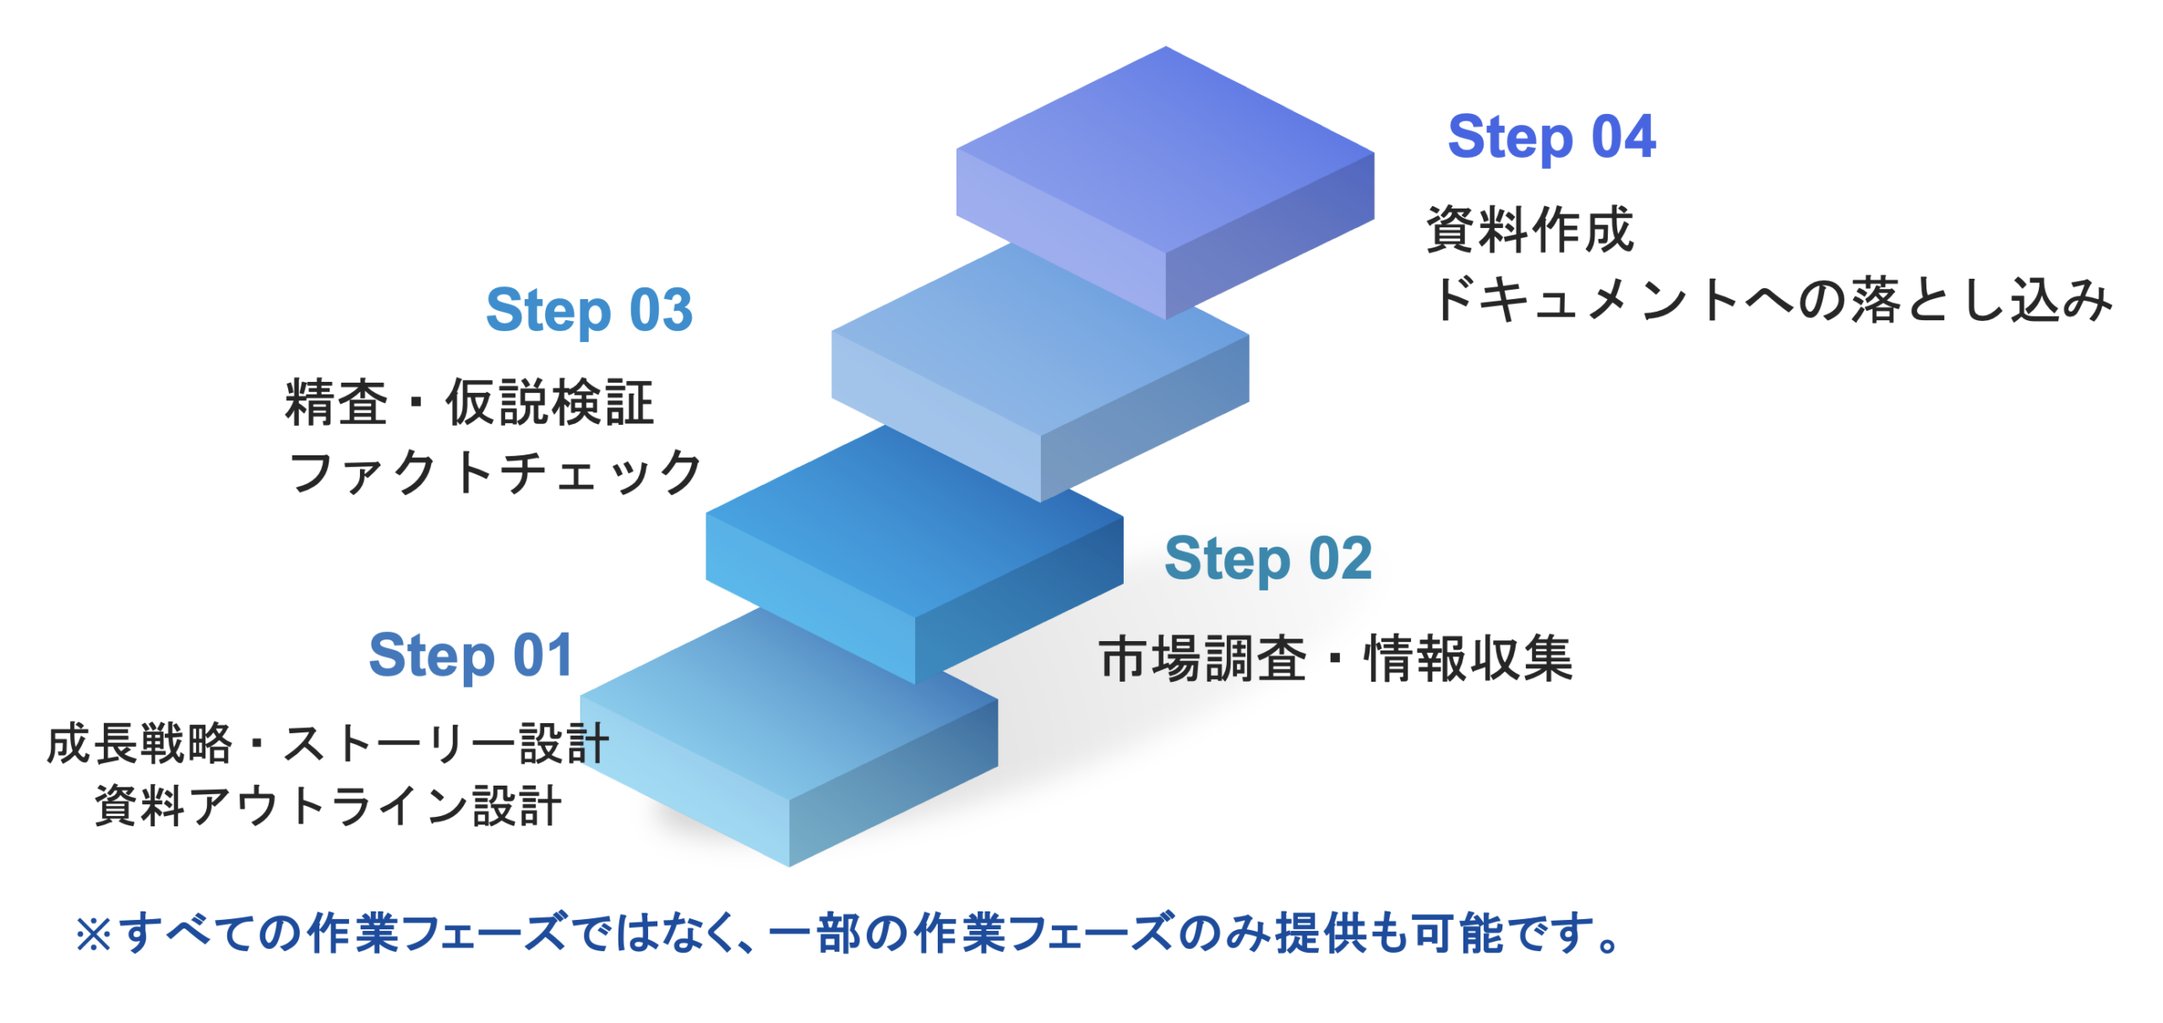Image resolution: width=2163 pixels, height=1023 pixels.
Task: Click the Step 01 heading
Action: point(471,656)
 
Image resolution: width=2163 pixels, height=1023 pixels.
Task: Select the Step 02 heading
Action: point(1267,559)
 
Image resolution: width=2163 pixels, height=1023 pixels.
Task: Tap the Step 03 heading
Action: point(588,311)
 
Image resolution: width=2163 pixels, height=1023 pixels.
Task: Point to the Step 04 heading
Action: point(1550,138)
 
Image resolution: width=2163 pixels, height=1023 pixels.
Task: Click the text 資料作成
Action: point(1529,230)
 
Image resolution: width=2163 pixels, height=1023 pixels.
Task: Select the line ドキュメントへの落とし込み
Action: point(1771,300)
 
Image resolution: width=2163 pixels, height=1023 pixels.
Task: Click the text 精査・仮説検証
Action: point(469,403)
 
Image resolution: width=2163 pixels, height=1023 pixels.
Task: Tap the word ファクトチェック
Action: point(495,472)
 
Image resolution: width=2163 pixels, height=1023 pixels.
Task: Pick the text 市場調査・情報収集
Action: point(1335,659)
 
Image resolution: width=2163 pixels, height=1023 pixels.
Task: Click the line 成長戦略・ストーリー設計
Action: point(328,744)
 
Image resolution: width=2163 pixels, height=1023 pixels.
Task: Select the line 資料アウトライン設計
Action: point(328,805)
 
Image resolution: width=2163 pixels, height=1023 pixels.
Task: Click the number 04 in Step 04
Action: point(1623,138)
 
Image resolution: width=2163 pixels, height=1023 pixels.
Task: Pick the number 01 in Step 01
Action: point(542,656)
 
